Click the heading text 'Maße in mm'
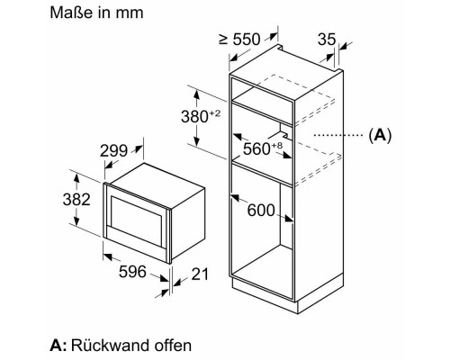(x=96, y=13)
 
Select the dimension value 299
(x=113, y=150)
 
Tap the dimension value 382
(x=76, y=199)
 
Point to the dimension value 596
(x=132, y=272)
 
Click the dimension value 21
(x=200, y=274)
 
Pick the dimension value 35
(x=327, y=40)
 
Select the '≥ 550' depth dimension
(x=239, y=40)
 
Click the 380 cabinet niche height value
(x=194, y=116)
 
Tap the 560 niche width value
(x=256, y=148)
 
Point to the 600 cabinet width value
(x=261, y=210)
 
